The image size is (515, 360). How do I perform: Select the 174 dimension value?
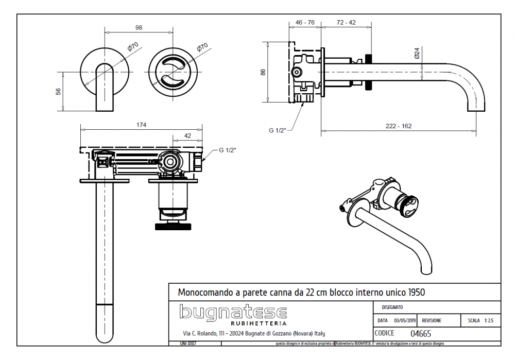click(141, 125)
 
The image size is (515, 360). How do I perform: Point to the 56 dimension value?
click(58, 91)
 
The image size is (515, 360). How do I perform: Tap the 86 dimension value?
click(263, 72)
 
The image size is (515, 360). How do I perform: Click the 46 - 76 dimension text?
click(305, 23)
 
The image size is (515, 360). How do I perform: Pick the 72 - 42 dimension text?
click(346, 23)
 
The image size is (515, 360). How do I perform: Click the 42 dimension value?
click(187, 135)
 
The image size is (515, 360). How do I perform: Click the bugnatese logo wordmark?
click(232, 312)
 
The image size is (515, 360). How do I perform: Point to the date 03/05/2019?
click(404, 320)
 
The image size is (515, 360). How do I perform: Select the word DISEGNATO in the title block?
click(392, 307)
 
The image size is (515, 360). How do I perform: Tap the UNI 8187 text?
click(188, 343)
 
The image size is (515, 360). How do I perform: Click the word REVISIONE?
click(431, 320)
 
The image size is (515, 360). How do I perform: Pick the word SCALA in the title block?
click(474, 320)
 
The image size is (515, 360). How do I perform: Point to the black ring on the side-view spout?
click(368, 72)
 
